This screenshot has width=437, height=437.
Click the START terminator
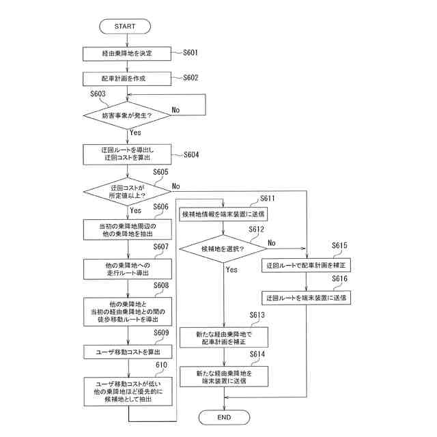point(125,27)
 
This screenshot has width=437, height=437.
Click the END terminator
point(224,417)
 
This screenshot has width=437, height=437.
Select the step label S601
point(191,53)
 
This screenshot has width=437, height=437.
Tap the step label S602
point(191,77)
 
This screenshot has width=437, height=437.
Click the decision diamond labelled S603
point(127,115)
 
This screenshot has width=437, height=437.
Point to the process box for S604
point(127,154)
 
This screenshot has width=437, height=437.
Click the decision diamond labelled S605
point(127,191)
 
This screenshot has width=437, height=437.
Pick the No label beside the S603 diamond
point(175,110)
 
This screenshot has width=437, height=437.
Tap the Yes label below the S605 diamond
point(135,210)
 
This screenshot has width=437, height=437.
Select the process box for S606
point(128,229)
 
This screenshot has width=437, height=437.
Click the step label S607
point(161,246)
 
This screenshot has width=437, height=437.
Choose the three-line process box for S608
point(128,311)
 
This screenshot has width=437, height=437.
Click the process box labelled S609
point(128,352)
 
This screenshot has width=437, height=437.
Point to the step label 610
point(161,365)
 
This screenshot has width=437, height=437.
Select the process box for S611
point(223,214)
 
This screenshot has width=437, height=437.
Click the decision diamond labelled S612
point(223,249)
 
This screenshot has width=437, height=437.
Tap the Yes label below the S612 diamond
point(231,270)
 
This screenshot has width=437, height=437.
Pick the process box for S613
point(224,337)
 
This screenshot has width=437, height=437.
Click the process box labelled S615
point(306,265)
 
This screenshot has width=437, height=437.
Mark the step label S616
point(340,279)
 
